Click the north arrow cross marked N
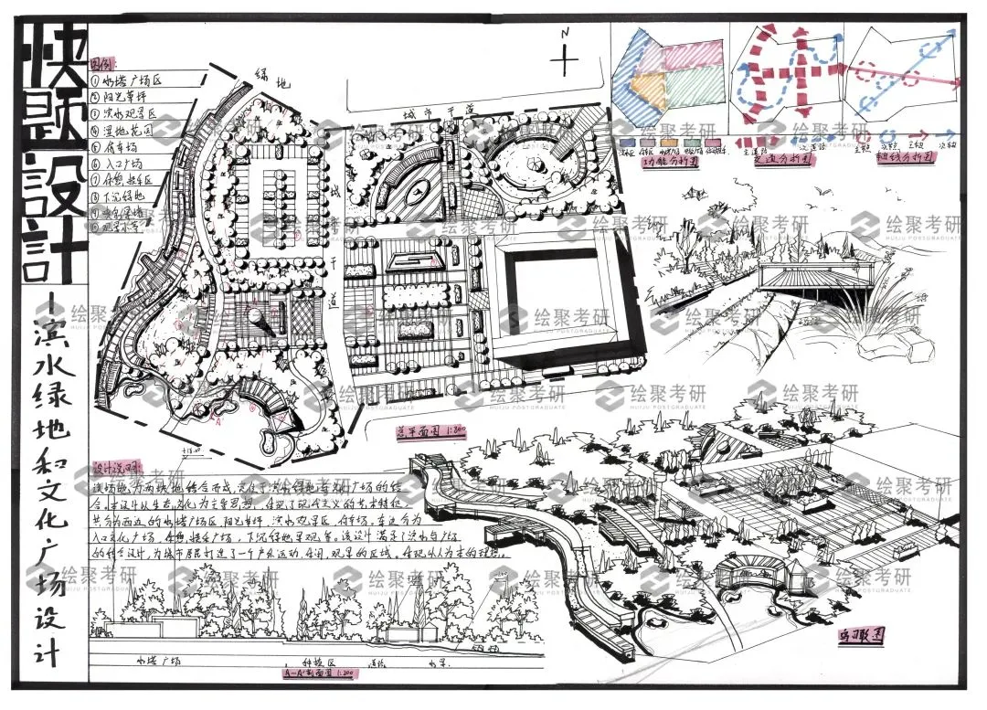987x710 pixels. click(x=567, y=58)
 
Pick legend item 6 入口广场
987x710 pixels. click(x=126, y=163)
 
